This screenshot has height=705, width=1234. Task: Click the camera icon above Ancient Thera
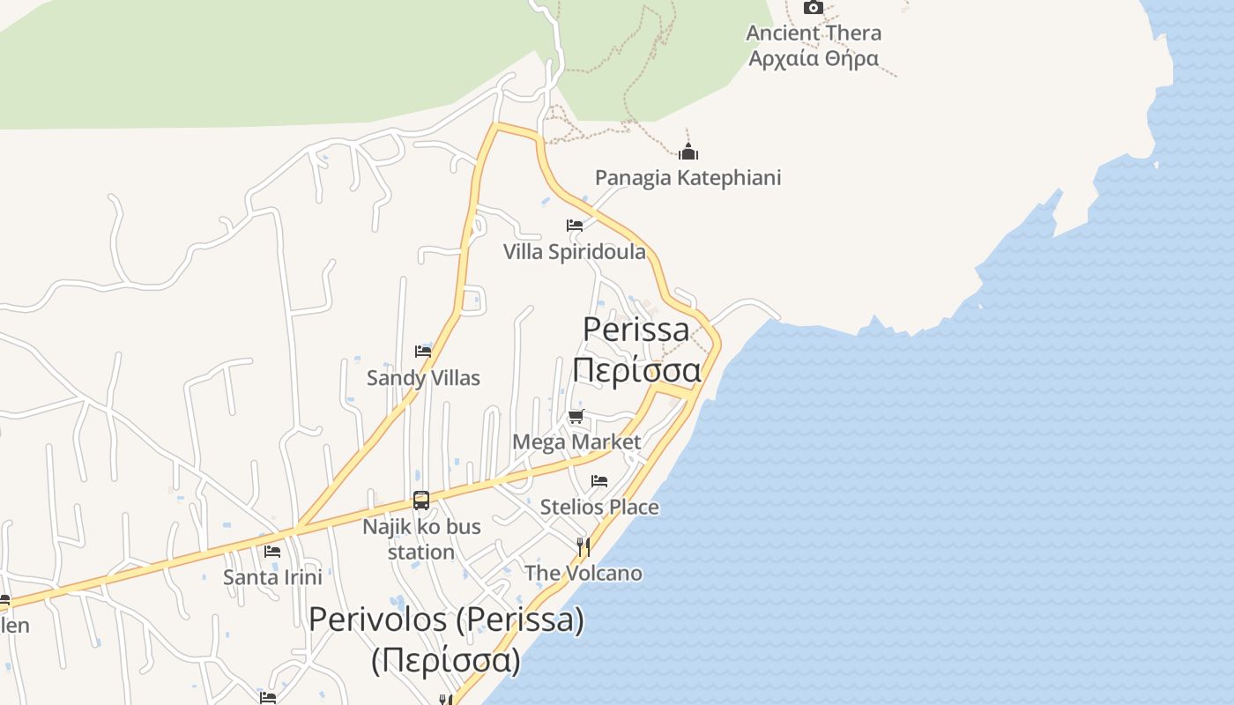813,8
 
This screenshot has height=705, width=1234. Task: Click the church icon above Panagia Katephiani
688,152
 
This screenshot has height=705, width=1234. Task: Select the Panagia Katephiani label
688,178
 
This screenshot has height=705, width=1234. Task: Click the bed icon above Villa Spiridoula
575,226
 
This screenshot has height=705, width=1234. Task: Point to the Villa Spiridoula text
574,252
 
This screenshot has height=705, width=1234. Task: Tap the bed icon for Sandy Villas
423,352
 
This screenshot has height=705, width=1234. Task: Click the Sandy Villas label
423,378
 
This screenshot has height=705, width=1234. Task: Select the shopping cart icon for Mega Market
576,416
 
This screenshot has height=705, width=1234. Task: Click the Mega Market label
576,442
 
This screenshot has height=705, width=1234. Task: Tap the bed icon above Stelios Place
599,481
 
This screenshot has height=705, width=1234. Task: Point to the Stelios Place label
599,507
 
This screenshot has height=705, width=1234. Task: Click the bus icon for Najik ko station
421,501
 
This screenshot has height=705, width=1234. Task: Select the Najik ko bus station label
421,538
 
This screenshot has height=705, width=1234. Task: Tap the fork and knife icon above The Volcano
583,547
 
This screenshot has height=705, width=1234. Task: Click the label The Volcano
583,574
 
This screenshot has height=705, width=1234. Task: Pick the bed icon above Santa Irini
272,552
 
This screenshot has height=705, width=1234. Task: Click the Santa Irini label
272,578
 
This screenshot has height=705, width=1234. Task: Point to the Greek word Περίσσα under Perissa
636,370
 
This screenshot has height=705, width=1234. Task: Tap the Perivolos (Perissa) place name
446,620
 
